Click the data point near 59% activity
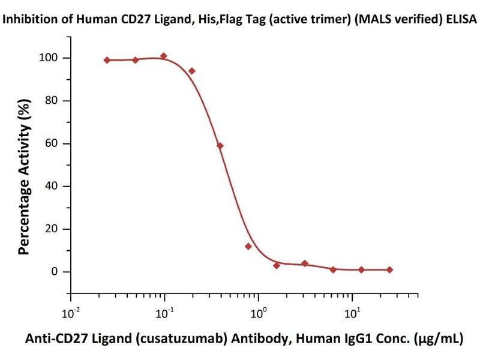(220, 146)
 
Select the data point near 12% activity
(248, 246)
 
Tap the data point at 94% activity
(192, 71)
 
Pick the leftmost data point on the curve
(107, 60)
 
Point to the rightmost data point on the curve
(390, 270)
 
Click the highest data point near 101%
(163, 56)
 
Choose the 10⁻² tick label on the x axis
(71, 313)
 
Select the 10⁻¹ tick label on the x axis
(165, 313)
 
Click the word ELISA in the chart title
(460, 19)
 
